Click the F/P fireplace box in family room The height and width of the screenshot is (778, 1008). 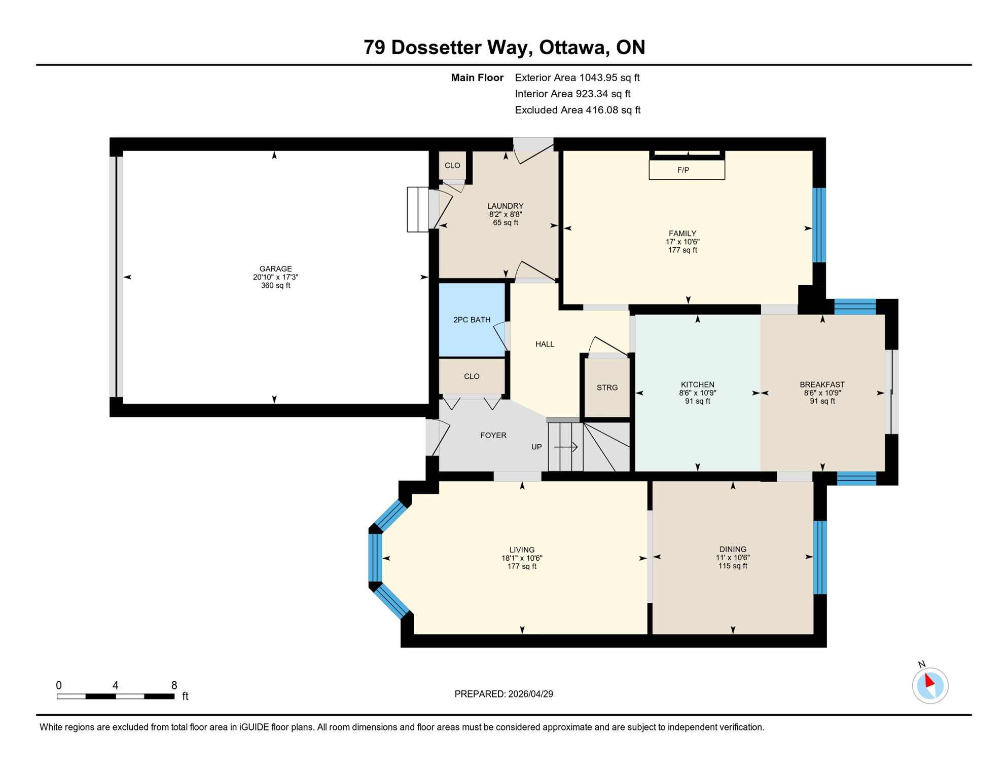click(x=687, y=170)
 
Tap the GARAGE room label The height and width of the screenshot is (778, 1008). click(x=275, y=269)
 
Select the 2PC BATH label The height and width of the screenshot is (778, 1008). click(x=472, y=320)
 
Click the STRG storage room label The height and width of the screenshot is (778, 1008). click(x=607, y=388)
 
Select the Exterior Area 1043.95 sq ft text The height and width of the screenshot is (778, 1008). click(x=577, y=78)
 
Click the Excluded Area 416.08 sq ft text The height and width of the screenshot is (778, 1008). click(x=578, y=110)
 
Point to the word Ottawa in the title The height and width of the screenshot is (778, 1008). click(x=572, y=48)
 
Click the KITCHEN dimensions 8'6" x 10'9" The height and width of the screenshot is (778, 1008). click(x=697, y=393)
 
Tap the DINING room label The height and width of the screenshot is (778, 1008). click(x=733, y=550)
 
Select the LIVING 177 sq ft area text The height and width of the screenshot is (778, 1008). click(x=522, y=567)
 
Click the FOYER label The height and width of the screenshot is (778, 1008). click(x=493, y=436)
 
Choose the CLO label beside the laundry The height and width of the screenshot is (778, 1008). click(x=452, y=166)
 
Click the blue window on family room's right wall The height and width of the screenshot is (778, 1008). click(x=819, y=225)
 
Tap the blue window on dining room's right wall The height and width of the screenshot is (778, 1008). click(x=820, y=558)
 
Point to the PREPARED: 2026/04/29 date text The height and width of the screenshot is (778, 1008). click(x=503, y=694)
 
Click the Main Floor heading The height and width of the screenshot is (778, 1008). click(x=477, y=78)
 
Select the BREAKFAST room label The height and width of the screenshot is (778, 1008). click(x=822, y=385)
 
